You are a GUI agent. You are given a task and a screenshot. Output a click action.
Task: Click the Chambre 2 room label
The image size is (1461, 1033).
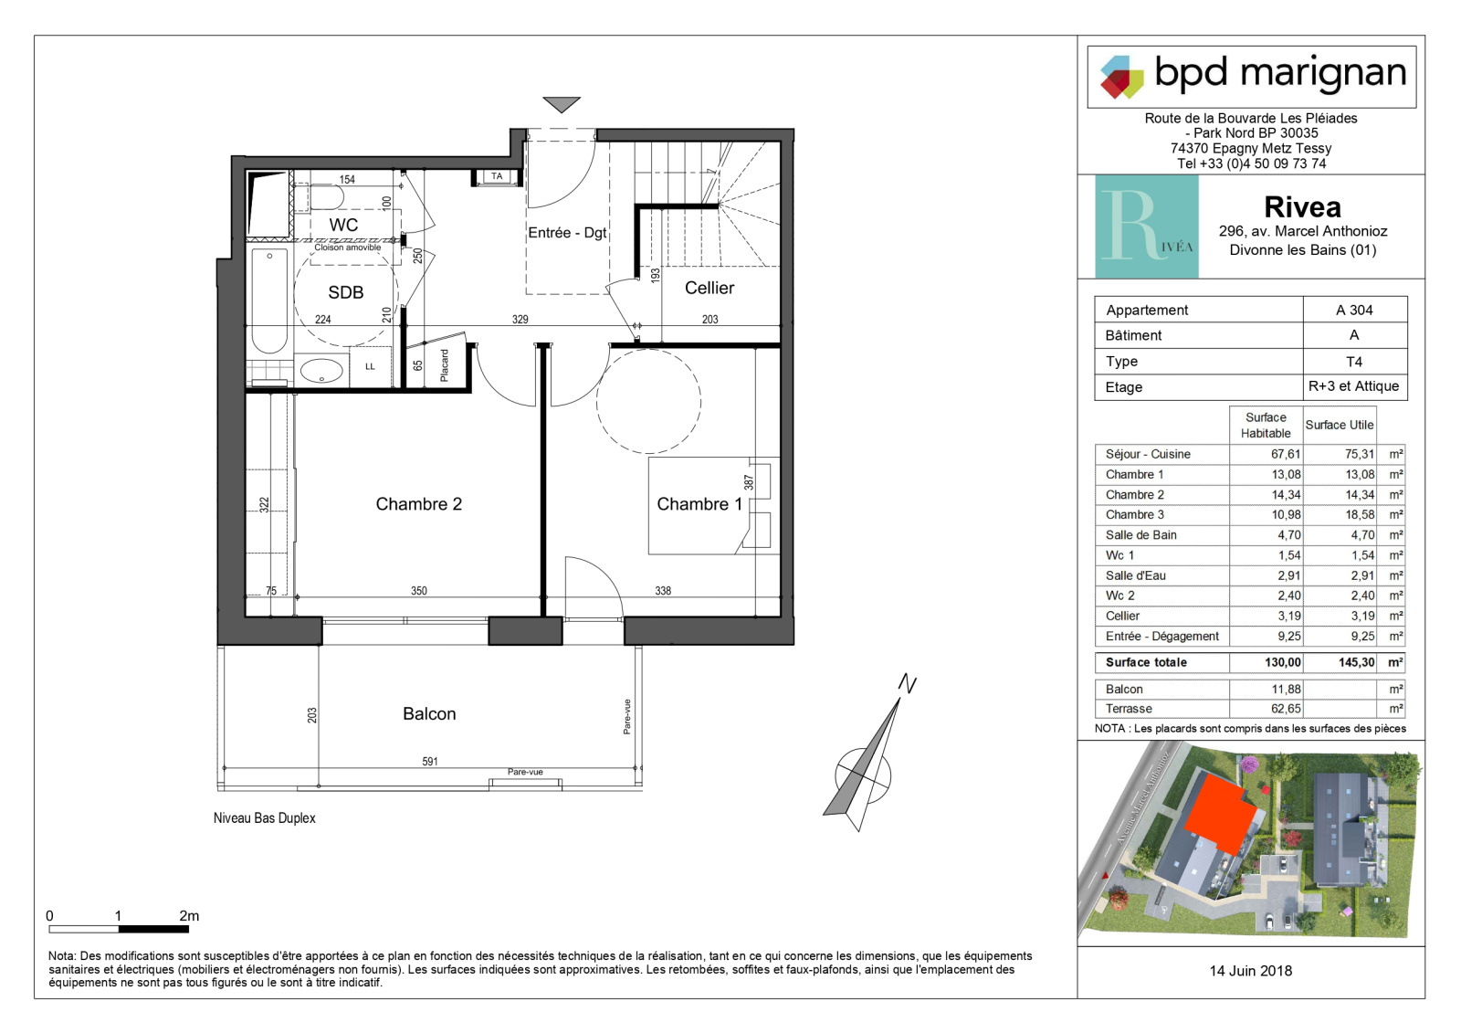(419, 504)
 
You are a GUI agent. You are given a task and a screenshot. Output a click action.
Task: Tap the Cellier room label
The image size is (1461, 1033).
(709, 288)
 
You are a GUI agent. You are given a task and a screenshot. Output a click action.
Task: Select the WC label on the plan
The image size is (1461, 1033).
(343, 225)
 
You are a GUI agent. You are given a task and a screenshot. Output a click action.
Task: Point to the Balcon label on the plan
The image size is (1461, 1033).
(429, 714)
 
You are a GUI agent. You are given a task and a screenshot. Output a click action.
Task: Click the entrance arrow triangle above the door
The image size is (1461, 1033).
(562, 104)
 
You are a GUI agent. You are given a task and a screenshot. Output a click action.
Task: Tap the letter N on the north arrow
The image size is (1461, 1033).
(908, 684)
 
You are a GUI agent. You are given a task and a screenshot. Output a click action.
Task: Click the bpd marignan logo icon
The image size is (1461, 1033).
(1122, 77)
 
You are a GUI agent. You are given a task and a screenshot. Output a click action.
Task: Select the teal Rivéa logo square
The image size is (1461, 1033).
(1147, 227)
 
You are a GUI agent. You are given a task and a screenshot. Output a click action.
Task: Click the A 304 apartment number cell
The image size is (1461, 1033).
(1354, 310)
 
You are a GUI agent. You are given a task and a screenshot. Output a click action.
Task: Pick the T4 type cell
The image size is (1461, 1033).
(1354, 362)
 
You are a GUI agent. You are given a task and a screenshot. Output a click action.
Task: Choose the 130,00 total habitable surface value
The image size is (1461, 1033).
(1283, 662)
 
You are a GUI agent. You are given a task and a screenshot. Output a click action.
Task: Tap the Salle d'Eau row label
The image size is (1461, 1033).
(1136, 575)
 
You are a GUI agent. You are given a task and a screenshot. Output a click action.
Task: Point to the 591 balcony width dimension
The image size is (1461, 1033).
(430, 762)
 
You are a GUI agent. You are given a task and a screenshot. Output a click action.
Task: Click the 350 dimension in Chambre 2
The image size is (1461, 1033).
(419, 591)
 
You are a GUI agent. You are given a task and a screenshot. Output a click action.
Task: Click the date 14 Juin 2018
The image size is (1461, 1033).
(1250, 971)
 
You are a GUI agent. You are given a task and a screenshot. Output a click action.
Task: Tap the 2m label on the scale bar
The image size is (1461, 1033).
(189, 916)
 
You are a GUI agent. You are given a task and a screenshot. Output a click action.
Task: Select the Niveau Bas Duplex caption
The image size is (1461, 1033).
(264, 818)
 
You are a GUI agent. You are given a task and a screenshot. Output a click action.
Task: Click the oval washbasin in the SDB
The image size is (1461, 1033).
(321, 371)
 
